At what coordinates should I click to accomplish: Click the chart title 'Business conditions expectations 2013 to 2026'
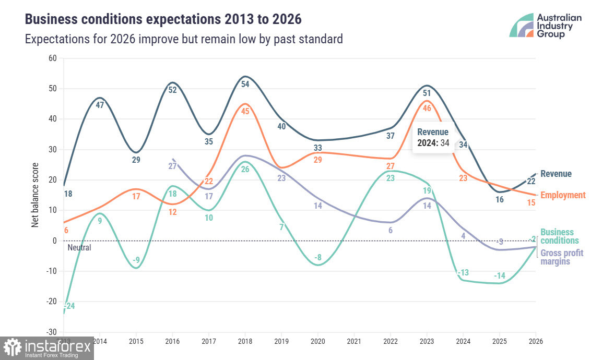pyautogui.click(x=163, y=20)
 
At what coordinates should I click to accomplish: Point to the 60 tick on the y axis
pyautogui.click(x=52, y=58)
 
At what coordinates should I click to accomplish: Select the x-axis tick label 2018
pyautogui.click(x=245, y=342)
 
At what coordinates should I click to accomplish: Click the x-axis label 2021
pyautogui.click(x=355, y=342)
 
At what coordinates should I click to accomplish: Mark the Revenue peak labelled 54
pyautogui.click(x=245, y=85)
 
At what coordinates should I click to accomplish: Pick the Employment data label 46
pyautogui.click(x=427, y=108)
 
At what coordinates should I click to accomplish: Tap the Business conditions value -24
pyautogui.click(x=69, y=306)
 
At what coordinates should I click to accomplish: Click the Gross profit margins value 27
pyautogui.click(x=172, y=166)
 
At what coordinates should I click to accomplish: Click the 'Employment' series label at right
pyautogui.click(x=563, y=195)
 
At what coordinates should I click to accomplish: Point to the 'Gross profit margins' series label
pyautogui.click(x=562, y=257)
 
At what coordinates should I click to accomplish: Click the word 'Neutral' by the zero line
pyautogui.click(x=79, y=248)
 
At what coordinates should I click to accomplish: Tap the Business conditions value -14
pyautogui.click(x=500, y=275)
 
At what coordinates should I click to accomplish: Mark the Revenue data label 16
pyautogui.click(x=500, y=199)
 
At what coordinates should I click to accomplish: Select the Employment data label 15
pyautogui.click(x=531, y=202)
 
